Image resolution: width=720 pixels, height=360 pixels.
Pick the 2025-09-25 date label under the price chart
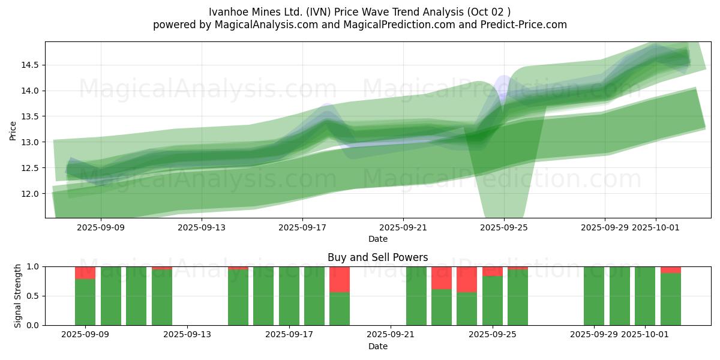(x=504, y=227)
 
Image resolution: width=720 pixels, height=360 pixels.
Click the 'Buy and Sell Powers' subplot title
(x=377, y=257)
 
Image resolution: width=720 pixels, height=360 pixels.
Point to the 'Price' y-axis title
(x=13, y=130)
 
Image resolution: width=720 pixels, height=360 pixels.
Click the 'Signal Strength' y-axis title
(x=18, y=296)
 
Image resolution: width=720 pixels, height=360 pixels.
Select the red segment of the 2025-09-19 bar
(x=340, y=279)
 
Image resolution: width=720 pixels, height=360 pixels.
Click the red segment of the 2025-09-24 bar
(x=467, y=279)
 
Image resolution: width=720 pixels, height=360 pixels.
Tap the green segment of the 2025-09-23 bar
(x=442, y=307)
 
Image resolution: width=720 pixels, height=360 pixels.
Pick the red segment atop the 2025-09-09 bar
(x=85, y=272)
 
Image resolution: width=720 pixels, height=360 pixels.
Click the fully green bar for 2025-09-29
(x=594, y=296)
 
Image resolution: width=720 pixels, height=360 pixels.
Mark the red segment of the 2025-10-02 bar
(x=671, y=269)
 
